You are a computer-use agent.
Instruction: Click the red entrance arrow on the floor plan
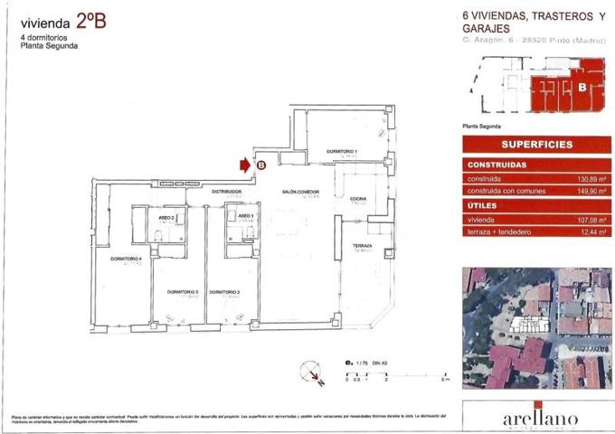(x=244, y=165)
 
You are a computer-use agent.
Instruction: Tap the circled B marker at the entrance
(x=260, y=165)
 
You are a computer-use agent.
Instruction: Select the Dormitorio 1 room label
(x=343, y=150)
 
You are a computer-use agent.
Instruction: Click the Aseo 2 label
(x=166, y=217)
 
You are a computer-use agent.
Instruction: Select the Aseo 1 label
(x=246, y=217)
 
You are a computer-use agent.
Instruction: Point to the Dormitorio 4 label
(x=127, y=259)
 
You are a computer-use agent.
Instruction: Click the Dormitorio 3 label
(x=182, y=291)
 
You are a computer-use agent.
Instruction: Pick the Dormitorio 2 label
(x=223, y=291)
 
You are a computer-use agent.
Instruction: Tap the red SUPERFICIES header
(x=536, y=145)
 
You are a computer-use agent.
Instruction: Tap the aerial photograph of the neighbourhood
(x=536, y=326)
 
